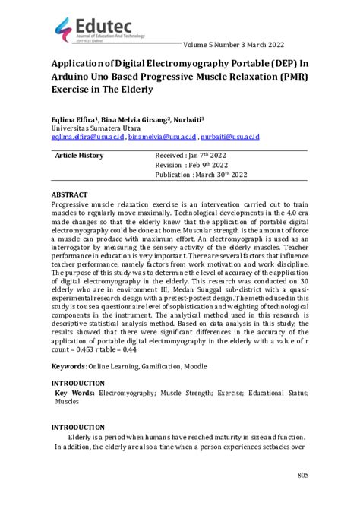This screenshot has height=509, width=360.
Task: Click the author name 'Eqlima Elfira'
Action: tap(75, 120)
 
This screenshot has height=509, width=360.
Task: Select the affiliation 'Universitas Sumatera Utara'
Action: tap(91, 129)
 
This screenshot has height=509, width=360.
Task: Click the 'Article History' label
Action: tap(79, 156)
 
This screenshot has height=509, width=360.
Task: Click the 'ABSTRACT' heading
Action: tap(70, 195)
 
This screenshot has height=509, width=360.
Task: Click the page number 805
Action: tap(302, 476)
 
